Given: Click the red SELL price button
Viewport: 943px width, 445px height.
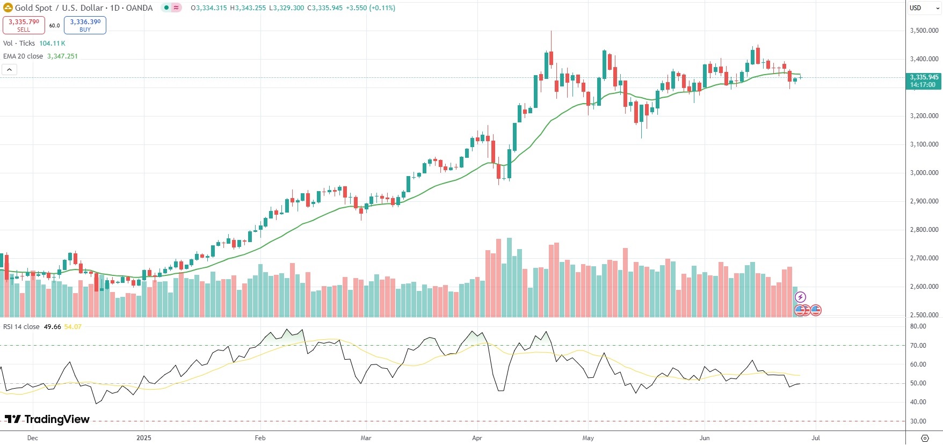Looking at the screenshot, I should (x=24, y=25).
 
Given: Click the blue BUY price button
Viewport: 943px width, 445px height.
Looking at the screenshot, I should (x=85, y=25).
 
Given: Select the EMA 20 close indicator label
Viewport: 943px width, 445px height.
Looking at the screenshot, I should (x=23, y=56).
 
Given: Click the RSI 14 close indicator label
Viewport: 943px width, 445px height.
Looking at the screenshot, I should (x=21, y=327).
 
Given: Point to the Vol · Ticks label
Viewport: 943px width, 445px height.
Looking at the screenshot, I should (x=19, y=43).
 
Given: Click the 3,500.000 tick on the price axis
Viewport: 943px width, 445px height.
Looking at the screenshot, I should (x=924, y=31).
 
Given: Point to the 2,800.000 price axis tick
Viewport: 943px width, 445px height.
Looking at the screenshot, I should (x=924, y=230).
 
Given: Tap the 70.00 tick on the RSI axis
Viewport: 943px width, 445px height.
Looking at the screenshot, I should (x=918, y=346).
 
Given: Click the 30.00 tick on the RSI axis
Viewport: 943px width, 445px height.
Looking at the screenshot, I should (x=918, y=421).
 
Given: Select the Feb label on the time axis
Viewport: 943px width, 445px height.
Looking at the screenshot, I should (x=260, y=438).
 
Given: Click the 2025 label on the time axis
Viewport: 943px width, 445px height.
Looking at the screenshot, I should (x=144, y=438).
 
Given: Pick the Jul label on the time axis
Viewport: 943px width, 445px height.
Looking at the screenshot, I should (x=815, y=438).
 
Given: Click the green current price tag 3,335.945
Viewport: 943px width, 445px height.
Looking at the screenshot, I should (x=924, y=81).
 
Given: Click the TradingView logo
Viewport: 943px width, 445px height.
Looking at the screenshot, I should (x=47, y=419).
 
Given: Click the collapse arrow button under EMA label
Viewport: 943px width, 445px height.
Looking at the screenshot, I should (x=9, y=70).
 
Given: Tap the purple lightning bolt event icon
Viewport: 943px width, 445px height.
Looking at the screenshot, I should (x=800, y=297).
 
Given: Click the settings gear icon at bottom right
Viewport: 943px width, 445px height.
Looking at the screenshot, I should (x=924, y=438).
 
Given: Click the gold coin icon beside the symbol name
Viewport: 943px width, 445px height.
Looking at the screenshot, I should (x=8, y=8).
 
